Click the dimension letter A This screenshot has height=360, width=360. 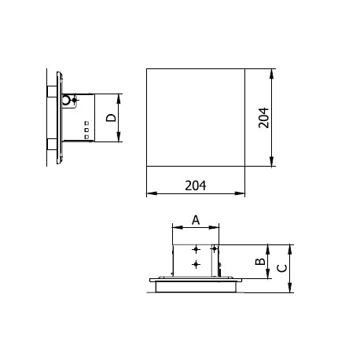point(196,220)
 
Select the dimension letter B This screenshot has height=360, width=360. point(260,261)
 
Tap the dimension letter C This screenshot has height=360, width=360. point(282,268)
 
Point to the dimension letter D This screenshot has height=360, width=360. point(111,118)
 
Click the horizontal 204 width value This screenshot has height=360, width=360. point(196,186)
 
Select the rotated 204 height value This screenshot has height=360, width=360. point(263,118)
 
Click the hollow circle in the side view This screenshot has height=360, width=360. point(66,100)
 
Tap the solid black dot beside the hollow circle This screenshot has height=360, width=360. point(75,100)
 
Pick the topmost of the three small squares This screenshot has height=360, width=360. point(86,123)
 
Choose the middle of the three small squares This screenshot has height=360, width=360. point(86,130)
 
